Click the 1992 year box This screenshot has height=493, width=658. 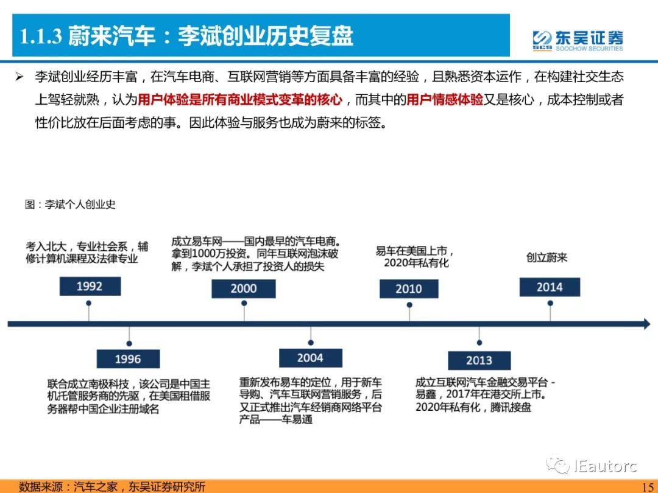[x=90, y=286]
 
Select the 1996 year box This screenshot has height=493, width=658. [x=128, y=359]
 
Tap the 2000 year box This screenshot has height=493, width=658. [x=243, y=288]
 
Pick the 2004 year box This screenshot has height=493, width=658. [x=311, y=358]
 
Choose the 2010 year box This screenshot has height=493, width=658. [x=409, y=289]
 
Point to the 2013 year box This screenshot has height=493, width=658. [x=479, y=360]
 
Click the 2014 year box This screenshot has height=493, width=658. [x=550, y=287]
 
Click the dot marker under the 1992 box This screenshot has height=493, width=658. [x=88, y=303]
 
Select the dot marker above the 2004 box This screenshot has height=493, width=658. [x=311, y=343]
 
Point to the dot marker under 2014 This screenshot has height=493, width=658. [x=550, y=303]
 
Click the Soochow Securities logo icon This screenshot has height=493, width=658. [x=542, y=41]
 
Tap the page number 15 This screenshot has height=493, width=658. [x=648, y=487]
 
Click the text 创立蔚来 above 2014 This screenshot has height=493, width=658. [x=547, y=257]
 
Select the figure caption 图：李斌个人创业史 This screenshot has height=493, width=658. [x=70, y=204]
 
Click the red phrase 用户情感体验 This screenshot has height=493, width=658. [x=445, y=100]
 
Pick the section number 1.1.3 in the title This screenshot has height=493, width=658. [x=41, y=37]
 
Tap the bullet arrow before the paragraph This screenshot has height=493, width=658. [x=19, y=77]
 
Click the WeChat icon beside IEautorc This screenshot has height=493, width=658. [x=557, y=465]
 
